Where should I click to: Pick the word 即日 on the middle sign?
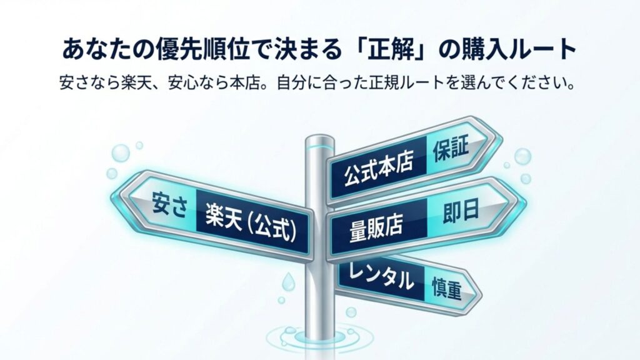460,211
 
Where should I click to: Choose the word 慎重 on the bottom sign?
446,286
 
